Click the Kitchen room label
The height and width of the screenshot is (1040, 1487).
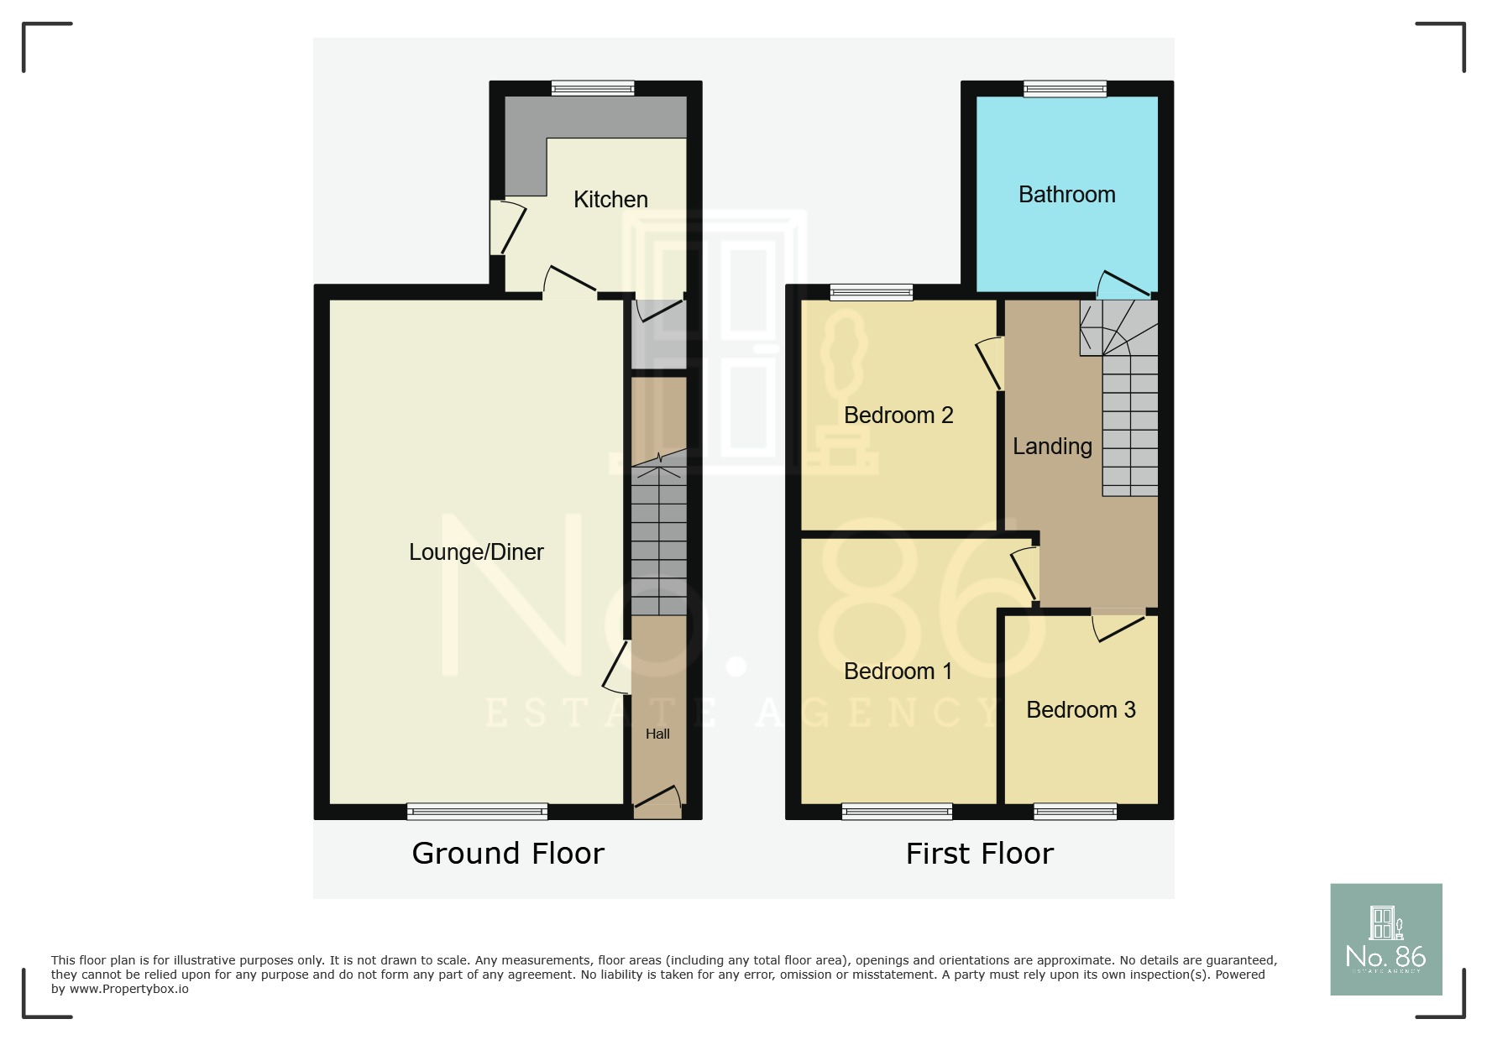point(610,200)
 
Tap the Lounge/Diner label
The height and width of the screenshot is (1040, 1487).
point(476,552)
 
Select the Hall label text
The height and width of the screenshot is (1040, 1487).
point(657,734)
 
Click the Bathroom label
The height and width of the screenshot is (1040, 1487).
point(1066,195)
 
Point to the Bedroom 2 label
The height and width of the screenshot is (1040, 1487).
point(898,415)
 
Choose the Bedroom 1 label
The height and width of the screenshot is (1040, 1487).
point(898,672)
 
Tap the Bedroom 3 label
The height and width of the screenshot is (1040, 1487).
point(1081,710)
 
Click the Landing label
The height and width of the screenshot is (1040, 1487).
point(1052,447)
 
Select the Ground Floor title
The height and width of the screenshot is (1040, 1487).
point(508,854)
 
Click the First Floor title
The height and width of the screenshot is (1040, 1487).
point(979,854)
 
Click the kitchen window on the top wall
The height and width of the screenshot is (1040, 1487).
point(593,88)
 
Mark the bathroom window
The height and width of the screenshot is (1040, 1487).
point(1065,88)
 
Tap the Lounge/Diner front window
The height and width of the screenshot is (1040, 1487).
point(477,812)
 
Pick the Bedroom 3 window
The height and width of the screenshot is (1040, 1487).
point(1075,812)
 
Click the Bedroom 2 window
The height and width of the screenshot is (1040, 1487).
point(872,292)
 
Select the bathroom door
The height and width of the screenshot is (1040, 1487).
point(1123,286)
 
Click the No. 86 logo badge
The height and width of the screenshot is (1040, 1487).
point(1385,939)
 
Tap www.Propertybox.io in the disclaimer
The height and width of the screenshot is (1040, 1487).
point(129,990)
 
